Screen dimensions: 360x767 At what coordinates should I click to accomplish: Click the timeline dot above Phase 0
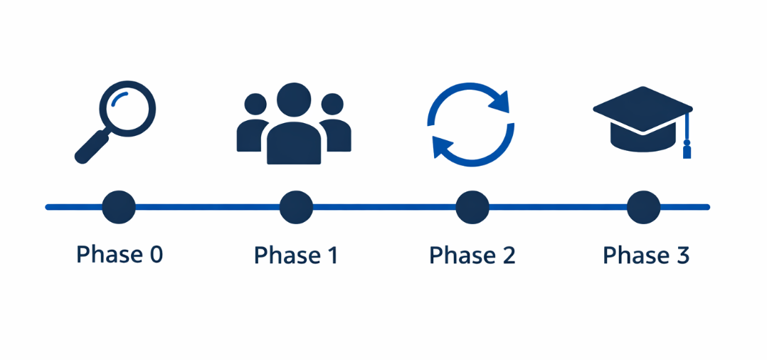119,208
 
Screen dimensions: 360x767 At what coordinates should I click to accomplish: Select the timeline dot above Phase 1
296,208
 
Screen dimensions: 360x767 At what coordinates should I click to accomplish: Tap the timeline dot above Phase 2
472,208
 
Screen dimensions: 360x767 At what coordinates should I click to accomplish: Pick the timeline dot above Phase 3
643,208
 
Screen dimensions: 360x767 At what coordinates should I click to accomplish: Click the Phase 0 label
120,254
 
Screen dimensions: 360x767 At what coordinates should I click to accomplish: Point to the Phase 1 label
296,255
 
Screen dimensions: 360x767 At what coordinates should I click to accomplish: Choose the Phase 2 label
472,255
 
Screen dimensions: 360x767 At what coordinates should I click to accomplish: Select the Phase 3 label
646,255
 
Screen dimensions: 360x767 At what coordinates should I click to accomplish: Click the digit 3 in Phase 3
682,255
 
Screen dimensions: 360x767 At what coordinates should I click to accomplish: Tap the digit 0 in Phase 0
156,255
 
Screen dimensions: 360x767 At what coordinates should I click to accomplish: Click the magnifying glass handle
90,149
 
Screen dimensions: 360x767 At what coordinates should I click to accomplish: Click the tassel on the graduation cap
687,150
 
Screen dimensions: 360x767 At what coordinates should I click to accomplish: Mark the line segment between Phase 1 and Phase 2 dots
384,208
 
